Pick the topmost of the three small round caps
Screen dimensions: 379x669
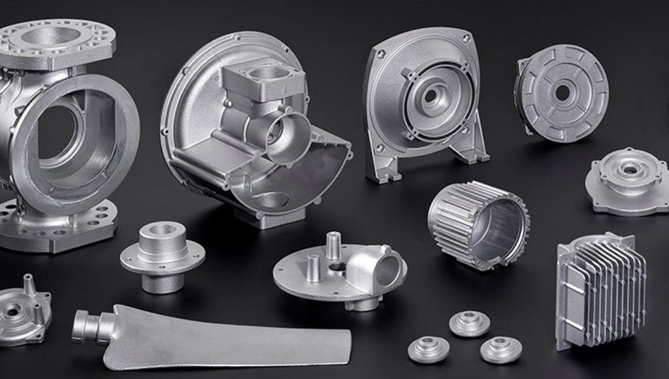469,323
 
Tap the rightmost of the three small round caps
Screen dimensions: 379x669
500,349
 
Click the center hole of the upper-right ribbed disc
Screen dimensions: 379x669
562,93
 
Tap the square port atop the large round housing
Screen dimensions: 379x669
263,74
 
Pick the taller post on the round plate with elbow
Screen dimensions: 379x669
333,244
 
